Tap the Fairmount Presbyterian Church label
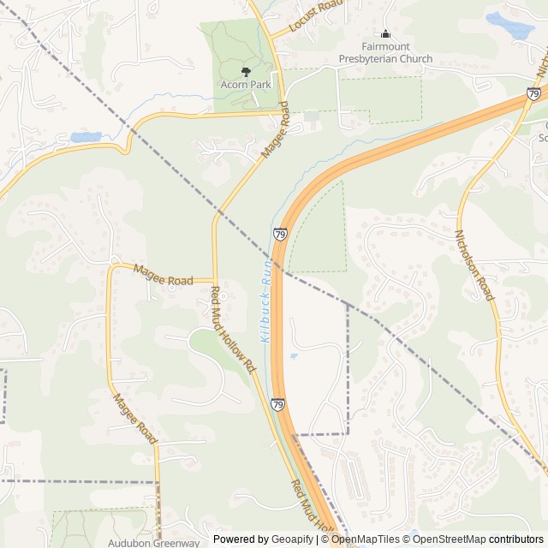[x=385, y=52]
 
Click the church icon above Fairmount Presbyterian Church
[x=385, y=34]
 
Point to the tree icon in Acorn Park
[x=246, y=72]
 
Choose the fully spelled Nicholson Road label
[x=475, y=265]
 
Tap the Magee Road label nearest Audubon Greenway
[x=134, y=418]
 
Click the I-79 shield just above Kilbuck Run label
[x=280, y=233]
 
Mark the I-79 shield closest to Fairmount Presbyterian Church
[x=533, y=93]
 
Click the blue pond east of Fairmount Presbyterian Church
[x=510, y=26]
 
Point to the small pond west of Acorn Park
[x=85, y=137]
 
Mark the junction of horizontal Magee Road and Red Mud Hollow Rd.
[x=214, y=280]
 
